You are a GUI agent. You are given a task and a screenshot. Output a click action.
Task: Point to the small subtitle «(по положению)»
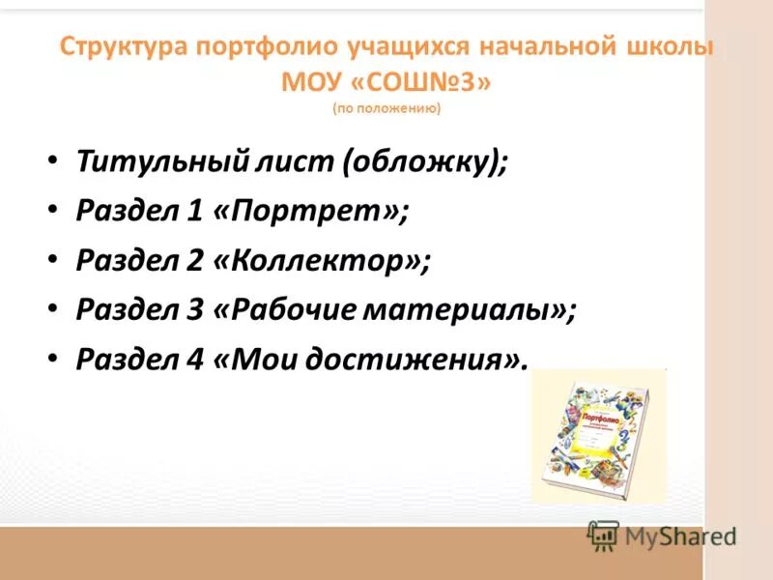[386, 109]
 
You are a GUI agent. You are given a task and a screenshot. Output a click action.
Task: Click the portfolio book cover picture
[599, 435]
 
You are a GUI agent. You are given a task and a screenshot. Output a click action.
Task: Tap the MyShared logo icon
[603, 536]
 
